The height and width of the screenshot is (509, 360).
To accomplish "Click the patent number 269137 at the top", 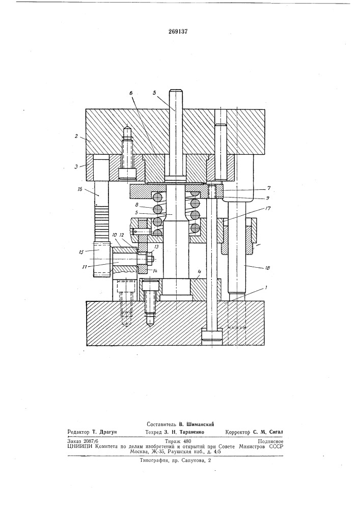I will [179, 32].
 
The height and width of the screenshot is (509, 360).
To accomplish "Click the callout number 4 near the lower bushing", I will [200, 278].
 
